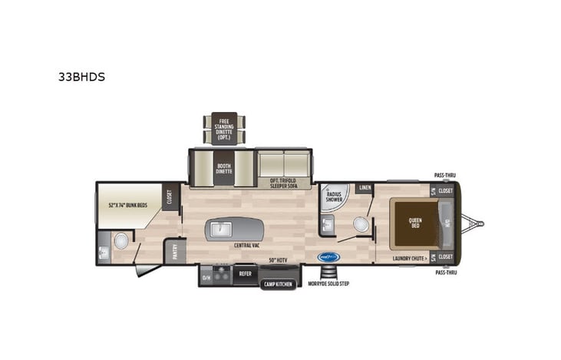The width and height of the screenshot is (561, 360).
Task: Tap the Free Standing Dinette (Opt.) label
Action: pos(224,129)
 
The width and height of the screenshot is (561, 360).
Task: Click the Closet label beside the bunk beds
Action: pos(170,198)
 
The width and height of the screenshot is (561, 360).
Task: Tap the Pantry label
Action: pos(174,251)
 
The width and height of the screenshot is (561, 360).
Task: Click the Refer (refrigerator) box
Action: pos(245,272)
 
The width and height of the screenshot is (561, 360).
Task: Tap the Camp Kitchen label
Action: pos(278,284)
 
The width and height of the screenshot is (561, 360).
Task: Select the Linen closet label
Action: pos(365,188)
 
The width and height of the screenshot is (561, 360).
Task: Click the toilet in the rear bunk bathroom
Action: pos(120,241)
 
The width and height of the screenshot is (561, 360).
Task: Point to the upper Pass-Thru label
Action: pos(443,176)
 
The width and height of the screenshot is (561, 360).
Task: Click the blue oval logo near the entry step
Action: pos(327,258)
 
